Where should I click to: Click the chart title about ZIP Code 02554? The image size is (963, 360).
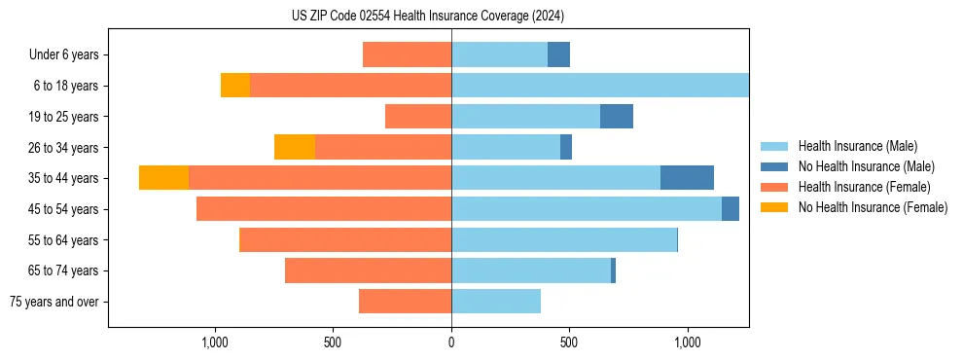(428, 16)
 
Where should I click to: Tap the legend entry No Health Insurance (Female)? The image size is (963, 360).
(873, 207)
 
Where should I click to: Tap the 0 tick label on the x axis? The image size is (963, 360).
(451, 343)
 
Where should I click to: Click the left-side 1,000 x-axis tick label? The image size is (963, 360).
(214, 343)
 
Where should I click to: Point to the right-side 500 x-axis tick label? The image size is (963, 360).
(569, 343)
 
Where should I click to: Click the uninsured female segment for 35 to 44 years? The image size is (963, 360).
(163, 178)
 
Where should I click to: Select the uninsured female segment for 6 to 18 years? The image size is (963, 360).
(235, 86)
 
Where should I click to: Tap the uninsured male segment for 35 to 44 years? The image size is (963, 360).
(687, 178)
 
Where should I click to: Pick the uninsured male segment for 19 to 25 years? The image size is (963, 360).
(617, 117)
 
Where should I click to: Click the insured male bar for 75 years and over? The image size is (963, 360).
(496, 302)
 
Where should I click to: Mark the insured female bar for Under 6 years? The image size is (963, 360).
(407, 55)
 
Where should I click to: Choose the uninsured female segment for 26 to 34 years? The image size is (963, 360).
(295, 147)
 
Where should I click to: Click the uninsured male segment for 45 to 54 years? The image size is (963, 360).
(731, 209)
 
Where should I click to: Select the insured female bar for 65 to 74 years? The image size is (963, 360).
(368, 270)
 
